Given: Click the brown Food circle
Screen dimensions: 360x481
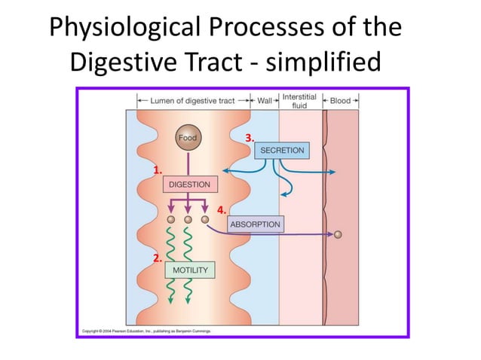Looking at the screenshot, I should coord(188,138).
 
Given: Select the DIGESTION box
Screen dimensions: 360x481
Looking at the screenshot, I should coord(189,184).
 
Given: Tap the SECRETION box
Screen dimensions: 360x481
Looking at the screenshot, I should coord(282,151).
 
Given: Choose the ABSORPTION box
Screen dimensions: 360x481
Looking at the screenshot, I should coord(255,224).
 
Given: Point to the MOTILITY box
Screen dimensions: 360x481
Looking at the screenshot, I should coord(190,270).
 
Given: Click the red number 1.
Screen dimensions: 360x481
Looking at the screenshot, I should coord(158,170).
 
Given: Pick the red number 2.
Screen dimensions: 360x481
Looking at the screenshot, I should coord(157,258).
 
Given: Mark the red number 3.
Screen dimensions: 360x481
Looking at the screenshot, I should coord(250,138).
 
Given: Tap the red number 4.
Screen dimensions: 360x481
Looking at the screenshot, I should coord(221,210).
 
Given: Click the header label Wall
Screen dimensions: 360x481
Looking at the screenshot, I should coord(265,100).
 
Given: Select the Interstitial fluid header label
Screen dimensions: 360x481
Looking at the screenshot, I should coord(299,101).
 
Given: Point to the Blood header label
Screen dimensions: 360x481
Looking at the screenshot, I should coord(341,100).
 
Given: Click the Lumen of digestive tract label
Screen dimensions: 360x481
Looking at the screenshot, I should coord(194,100).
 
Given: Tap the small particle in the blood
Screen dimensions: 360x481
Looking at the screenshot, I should coord(338,234).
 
